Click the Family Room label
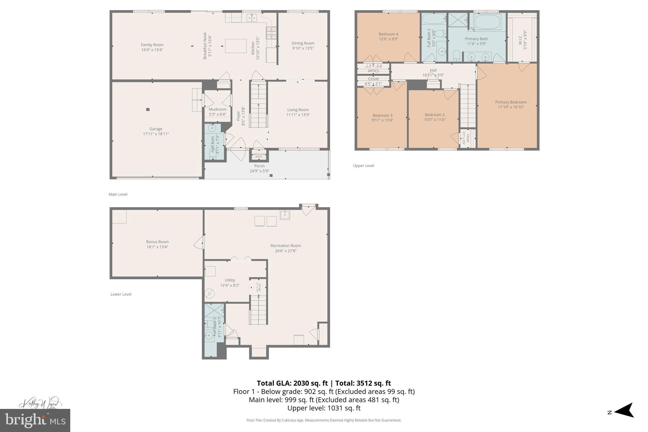coord(152,45)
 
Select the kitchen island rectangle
coord(235,46)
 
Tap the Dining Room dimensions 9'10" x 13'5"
coord(303,48)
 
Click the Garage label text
coord(156,129)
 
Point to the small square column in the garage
coord(148,110)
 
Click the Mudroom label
coord(217,109)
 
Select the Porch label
coord(259,166)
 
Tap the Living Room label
coord(298,110)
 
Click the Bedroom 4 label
coord(388,34)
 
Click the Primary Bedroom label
coord(511,102)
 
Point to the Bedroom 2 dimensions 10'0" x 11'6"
coord(435,120)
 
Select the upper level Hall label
coord(433,70)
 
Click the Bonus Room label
coord(157,242)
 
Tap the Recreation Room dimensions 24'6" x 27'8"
coord(285,251)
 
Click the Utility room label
coord(230,280)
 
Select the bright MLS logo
coord(35,420)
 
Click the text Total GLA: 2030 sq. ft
coord(292,383)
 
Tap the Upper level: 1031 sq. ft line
coord(324,408)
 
